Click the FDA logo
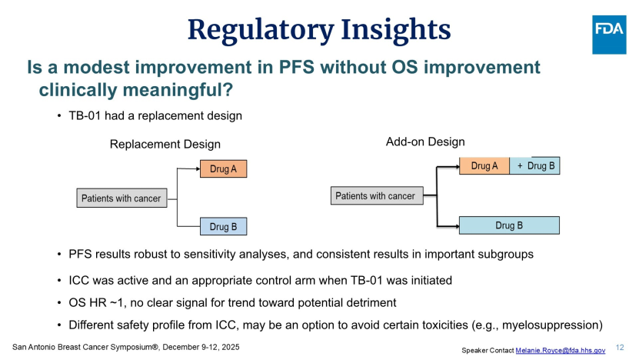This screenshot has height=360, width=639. pos(609,35)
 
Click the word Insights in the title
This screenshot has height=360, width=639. pos(396,30)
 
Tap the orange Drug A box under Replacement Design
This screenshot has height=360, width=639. pos(223,168)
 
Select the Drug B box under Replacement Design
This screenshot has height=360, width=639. pos(223,227)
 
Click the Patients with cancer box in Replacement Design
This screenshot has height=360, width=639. pos(121,198)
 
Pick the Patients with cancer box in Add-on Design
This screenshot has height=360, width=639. pos(377,195)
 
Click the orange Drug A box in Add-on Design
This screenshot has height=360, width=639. pos(484,166)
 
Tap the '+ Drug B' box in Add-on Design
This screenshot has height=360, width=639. pos(534,165)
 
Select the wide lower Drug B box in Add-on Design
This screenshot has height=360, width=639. pos(509,225)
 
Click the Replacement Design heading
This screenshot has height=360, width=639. pos(165,144)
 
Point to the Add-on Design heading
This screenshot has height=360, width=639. pos(425,142)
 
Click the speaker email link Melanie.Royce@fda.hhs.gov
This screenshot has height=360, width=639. pos(561,350)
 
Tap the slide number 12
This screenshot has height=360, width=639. pos(620,348)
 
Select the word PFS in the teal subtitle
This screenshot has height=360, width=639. pos(296,67)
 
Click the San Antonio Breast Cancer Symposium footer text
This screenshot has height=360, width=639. pos(126,347)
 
